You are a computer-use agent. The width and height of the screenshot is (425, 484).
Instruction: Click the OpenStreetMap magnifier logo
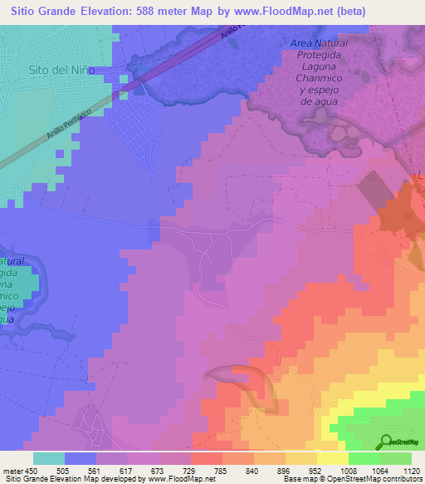tap(386, 442)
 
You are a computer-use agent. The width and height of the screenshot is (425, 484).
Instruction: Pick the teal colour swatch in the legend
tap(49, 458)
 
